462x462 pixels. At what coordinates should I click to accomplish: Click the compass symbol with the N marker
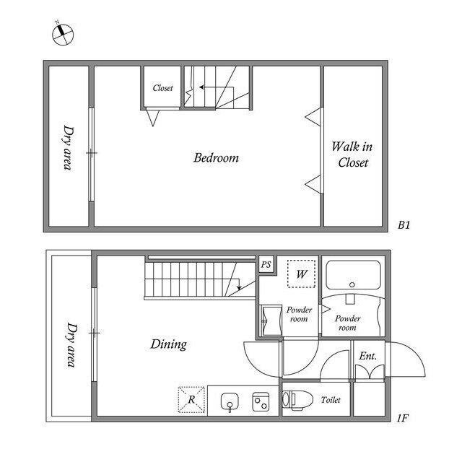point(63,34)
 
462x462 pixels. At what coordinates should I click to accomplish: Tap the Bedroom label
point(216,158)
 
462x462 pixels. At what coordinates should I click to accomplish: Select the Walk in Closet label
point(352,154)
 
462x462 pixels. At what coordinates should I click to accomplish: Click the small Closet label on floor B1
point(162,88)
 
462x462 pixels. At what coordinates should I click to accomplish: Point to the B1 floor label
point(404,225)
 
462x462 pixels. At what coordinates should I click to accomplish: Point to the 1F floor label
point(403,418)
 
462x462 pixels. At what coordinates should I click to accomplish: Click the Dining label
point(168,344)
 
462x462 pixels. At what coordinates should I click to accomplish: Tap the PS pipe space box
point(266,264)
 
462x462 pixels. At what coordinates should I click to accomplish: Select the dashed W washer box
point(302,274)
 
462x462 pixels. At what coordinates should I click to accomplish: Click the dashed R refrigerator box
point(191,399)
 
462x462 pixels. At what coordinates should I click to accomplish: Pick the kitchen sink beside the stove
point(230,402)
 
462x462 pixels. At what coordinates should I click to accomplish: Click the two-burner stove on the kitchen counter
point(261,401)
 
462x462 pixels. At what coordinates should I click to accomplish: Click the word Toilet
point(331,400)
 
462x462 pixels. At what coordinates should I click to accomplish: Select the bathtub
point(353,275)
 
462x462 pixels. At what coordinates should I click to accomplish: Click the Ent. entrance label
point(367,356)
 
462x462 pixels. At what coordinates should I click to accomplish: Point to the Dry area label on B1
point(69,148)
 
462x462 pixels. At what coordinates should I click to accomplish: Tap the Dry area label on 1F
point(71,345)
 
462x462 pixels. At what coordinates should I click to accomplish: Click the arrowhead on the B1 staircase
point(202,87)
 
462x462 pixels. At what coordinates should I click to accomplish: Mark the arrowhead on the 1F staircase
point(239,287)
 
